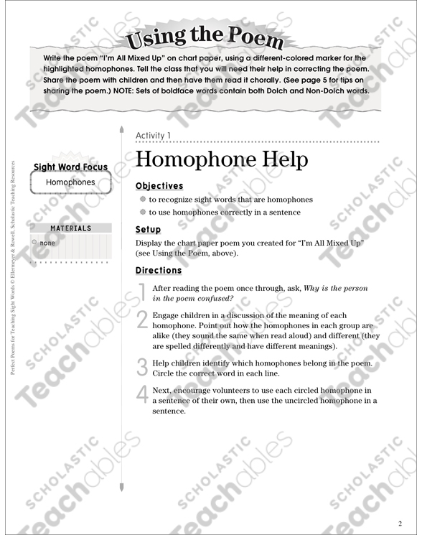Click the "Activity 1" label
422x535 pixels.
click(153, 135)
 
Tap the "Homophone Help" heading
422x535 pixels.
click(221, 159)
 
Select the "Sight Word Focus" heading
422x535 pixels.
click(70, 167)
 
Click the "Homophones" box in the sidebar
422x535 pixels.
click(70, 182)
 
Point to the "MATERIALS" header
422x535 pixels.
click(70, 228)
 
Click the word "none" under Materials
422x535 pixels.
click(47, 243)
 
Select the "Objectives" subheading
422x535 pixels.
click(159, 185)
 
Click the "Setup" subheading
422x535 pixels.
click(148, 230)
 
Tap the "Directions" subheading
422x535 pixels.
click(159, 271)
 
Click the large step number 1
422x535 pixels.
click(141, 290)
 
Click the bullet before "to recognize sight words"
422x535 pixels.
click(143, 200)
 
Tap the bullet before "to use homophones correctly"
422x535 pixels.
click(143, 213)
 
